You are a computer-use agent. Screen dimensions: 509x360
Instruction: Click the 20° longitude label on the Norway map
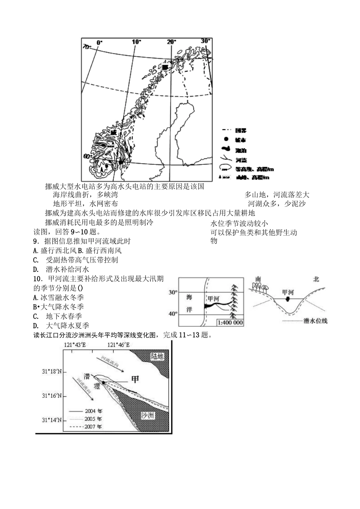point(171,42)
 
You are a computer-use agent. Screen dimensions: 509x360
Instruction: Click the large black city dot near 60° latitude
point(121,162)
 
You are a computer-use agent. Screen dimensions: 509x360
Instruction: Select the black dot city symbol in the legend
point(226,140)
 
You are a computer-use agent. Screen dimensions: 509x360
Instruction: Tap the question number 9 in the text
point(36,241)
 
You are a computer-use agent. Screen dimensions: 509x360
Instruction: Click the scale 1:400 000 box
point(230,323)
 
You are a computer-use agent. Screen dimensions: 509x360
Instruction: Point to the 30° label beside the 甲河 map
point(173,292)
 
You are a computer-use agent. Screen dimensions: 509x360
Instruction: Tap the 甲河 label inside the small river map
point(213,298)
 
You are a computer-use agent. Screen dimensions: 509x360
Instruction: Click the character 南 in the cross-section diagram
point(258,279)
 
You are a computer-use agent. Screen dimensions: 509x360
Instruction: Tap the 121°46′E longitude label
point(118,345)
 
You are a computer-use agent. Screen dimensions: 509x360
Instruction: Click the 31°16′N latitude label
point(52,396)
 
